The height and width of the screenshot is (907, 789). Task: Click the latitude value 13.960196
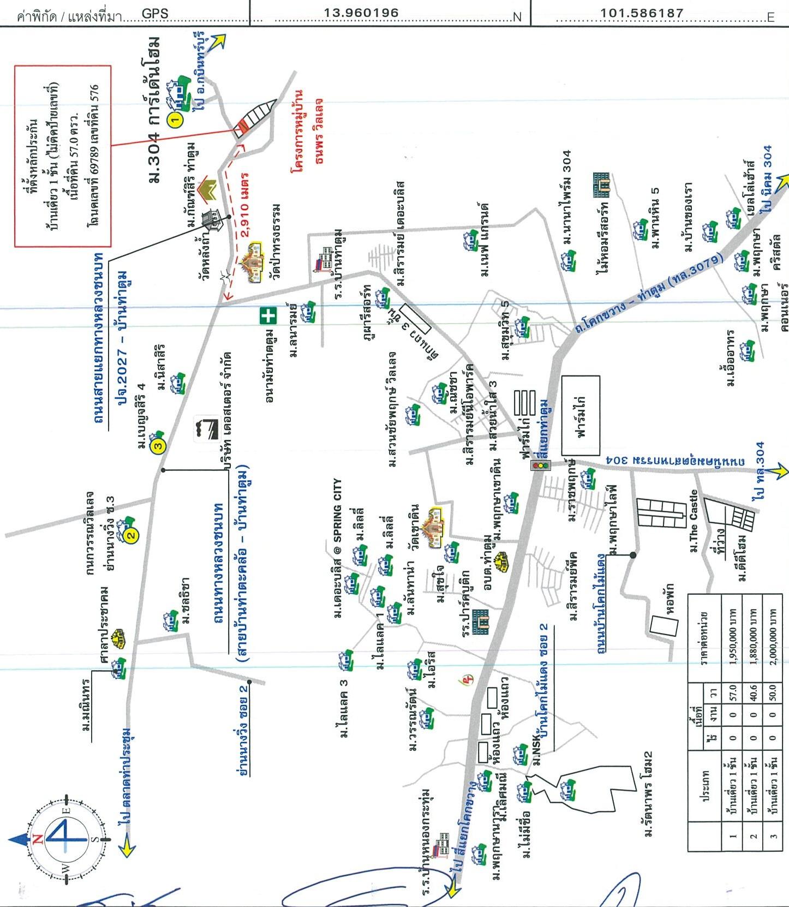(361, 13)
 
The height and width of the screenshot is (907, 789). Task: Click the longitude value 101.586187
(642, 13)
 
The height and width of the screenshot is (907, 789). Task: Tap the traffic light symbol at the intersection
(541, 466)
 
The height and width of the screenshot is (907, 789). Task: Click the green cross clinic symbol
(268, 316)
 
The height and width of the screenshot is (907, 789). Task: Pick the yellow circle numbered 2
(131, 535)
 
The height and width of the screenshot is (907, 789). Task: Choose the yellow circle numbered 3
(158, 446)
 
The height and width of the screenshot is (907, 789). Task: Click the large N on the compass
(38, 839)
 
